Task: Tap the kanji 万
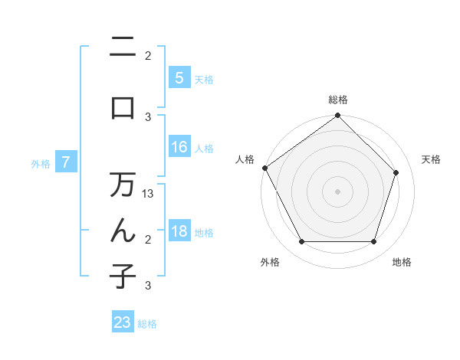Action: pyautogui.click(x=123, y=185)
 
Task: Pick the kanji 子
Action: pyautogui.click(x=123, y=276)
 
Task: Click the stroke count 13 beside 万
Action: pyautogui.click(x=149, y=194)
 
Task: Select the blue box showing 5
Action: pyautogui.click(x=179, y=78)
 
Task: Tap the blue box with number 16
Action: pyautogui.click(x=179, y=148)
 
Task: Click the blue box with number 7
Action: pyautogui.click(x=66, y=162)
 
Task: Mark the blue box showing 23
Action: pyautogui.click(x=123, y=322)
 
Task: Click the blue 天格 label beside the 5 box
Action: pyautogui.click(x=204, y=79)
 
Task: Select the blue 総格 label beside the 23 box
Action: pyautogui.click(x=147, y=324)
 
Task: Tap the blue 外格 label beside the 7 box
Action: pyautogui.click(x=41, y=163)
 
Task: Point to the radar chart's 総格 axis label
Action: pyautogui.click(x=338, y=100)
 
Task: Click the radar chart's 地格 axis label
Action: pyautogui.click(x=402, y=262)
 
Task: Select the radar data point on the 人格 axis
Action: pyautogui.click(x=264, y=168)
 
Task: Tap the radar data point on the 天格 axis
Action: pyautogui.click(x=396, y=173)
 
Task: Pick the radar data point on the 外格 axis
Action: pyautogui.click(x=301, y=242)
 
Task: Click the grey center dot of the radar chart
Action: pyautogui.click(x=338, y=191)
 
